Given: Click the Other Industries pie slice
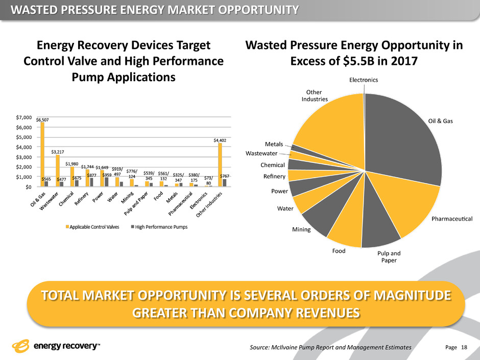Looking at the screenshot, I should click(327, 123).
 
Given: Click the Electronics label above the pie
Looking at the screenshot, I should click(364, 80).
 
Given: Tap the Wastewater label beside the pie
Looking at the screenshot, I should click(262, 153).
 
